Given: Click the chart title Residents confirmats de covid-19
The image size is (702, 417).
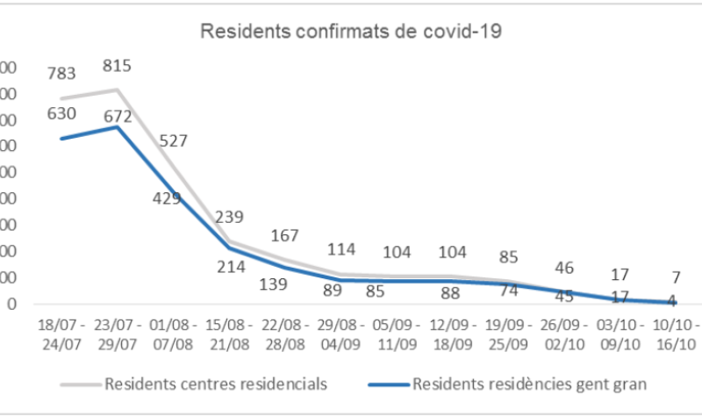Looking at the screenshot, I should click(x=351, y=32).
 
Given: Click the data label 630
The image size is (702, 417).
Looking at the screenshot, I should click(x=61, y=112).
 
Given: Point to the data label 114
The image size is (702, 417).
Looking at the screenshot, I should click(x=342, y=249).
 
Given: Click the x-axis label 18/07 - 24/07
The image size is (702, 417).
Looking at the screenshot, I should click(x=62, y=327).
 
